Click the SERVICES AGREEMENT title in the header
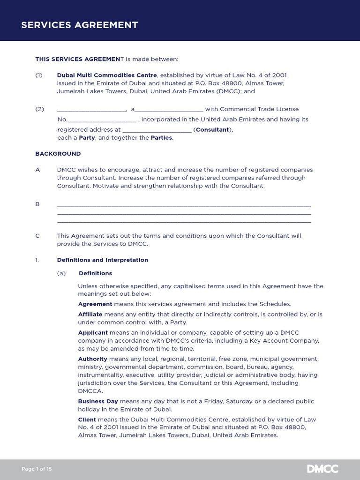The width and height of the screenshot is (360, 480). click(x=79, y=25)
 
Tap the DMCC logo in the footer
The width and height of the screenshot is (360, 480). click(x=322, y=469)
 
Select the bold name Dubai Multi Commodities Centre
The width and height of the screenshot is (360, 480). click(x=107, y=75)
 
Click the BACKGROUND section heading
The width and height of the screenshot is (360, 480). click(x=58, y=154)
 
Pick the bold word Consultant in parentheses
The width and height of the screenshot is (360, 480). click(x=212, y=129)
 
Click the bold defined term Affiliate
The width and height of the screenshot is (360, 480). click(x=90, y=315)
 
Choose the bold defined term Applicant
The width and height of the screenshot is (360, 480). click(x=93, y=332)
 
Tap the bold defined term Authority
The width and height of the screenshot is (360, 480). click(x=92, y=359)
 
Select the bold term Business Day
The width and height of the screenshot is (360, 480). click(x=98, y=401)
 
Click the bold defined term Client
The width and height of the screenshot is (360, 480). click(x=87, y=420)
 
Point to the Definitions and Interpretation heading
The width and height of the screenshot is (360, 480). click(x=102, y=260)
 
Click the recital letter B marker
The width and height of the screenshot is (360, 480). click(x=37, y=204)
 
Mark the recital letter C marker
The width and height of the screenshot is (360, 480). click(x=37, y=236)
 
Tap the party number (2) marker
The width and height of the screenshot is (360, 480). click(x=39, y=109)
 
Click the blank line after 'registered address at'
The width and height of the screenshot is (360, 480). click(x=157, y=130)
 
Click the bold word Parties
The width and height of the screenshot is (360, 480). click(x=161, y=138)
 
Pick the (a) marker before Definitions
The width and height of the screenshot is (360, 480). click(x=61, y=273)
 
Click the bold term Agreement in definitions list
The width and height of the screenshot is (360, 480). click(x=95, y=304)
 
